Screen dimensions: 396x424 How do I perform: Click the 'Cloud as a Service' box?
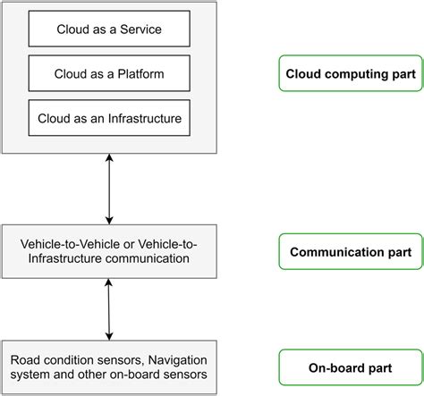(109, 29)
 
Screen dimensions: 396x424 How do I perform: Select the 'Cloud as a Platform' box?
(109, 72)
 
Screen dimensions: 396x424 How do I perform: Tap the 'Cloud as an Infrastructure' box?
(109, 116)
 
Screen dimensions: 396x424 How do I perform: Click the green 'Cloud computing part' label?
(351, 73)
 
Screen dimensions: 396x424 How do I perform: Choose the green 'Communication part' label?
(351, 252)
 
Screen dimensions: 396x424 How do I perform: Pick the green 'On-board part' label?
(351, 367)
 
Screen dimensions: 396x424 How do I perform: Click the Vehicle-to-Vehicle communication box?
(108, 251)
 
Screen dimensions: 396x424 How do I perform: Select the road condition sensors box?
(108, 367)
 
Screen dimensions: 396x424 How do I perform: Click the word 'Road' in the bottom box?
(27, 360)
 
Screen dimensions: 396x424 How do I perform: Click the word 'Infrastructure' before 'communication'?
(63, 259)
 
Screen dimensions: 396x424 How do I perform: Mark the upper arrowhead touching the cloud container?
(109, 157)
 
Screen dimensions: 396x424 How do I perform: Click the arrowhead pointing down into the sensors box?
(109, 334)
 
